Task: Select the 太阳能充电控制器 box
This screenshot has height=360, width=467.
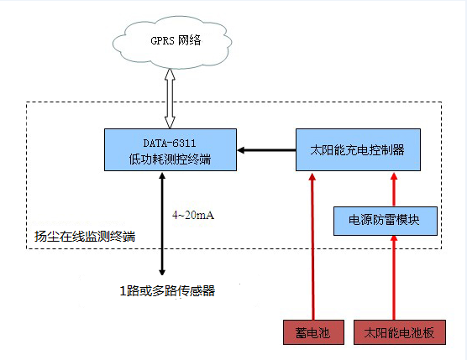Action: (x=358, y=150)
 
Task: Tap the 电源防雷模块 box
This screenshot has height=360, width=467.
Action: (x=386, y=220)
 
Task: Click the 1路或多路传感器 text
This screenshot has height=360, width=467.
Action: (x=166, y=291)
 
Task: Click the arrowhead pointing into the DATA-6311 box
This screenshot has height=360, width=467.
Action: (x=241, y=151)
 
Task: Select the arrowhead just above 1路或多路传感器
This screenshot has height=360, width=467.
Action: (x=162, y=271)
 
